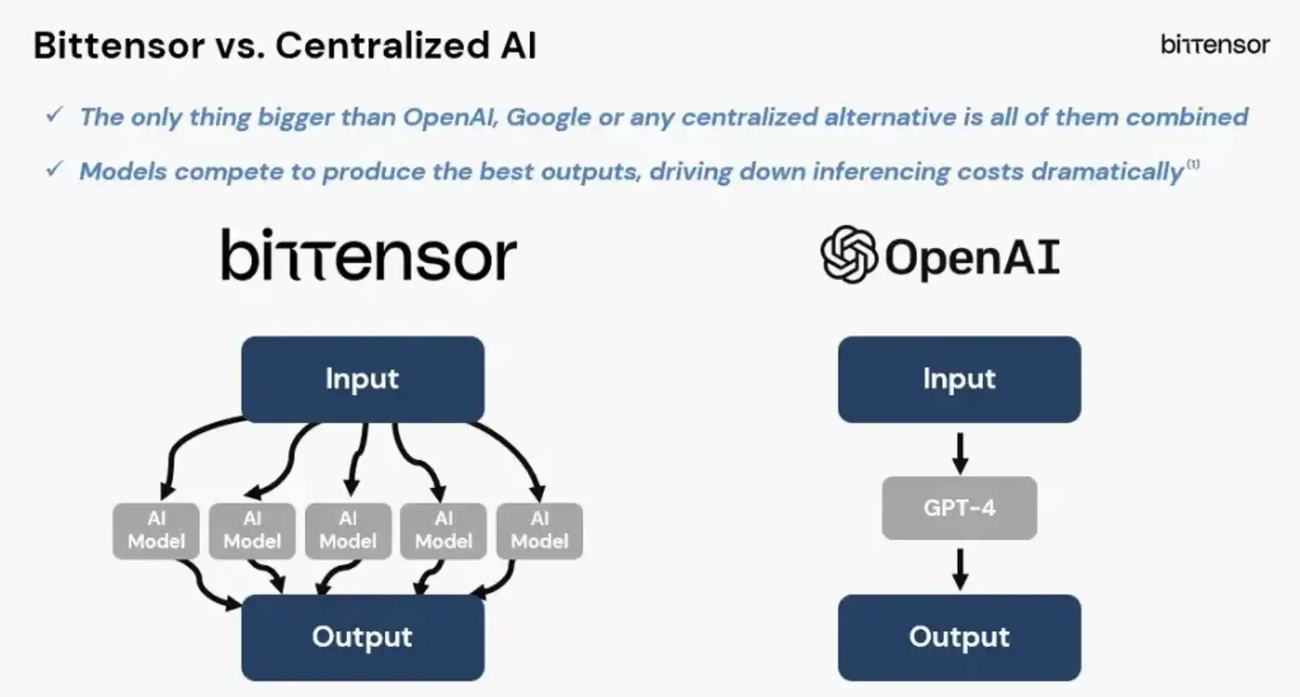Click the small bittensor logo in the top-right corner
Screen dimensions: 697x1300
(x=1214, y=45)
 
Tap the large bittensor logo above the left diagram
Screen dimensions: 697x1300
(x=369, y=256)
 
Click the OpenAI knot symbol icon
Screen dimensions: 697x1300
(x=848, y=254)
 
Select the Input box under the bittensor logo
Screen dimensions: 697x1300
(x=362, y=379)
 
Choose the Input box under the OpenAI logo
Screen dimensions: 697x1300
(x=959, y=379)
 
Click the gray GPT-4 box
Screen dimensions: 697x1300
(x=959, y=508)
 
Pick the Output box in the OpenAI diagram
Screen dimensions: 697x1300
(x=959, y=637)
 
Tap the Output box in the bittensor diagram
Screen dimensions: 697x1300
(x=362, y=637)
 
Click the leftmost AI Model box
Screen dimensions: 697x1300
(x=156, y=531)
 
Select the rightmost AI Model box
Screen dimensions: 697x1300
(x=539, y=531)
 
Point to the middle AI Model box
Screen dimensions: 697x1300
(x=348, y=531)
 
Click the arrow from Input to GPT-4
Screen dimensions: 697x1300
(x=960, y=453)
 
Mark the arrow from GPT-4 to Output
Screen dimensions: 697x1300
(x=960, y=569)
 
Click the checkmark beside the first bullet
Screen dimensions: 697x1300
(x=55, y=115)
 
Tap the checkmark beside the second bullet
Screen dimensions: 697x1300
(x=55, y=170)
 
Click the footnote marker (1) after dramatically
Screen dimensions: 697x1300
(x=1193, y=164)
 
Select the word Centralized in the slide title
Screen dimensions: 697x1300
(x=382, y=46)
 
